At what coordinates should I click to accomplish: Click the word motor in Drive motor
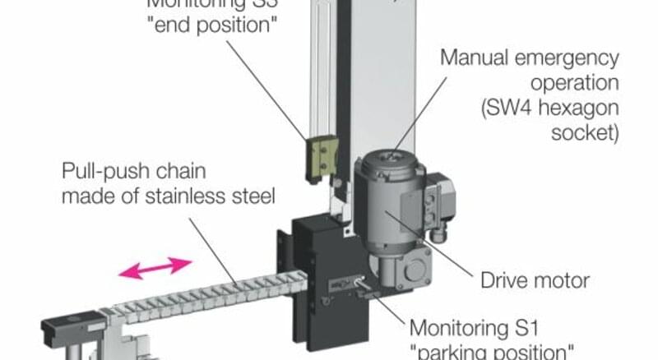[x=562, y=280]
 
